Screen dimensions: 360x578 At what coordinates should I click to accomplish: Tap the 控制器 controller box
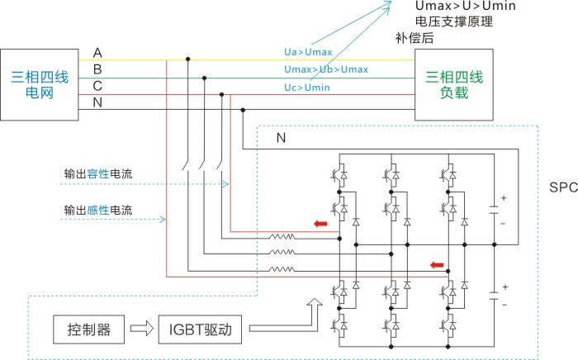[90, 331]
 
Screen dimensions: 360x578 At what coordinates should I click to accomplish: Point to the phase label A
[97, 53]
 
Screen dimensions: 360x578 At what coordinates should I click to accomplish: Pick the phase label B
[97, 69]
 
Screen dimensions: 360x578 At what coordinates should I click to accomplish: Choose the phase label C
[97, 85]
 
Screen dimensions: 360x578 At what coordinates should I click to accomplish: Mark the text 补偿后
[414, 38]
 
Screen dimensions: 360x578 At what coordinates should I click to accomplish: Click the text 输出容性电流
[98, 174]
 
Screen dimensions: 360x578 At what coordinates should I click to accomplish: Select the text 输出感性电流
[98, 209]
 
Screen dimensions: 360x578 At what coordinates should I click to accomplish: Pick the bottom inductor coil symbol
[281, 268]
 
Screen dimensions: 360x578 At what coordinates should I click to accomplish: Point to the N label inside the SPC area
[281, 138]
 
